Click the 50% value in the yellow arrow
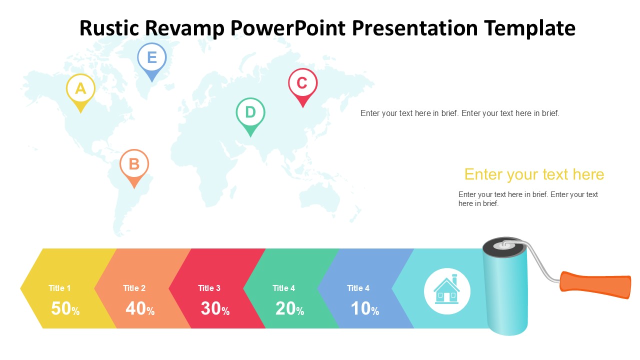point(65,308)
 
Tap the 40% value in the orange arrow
point(140,308)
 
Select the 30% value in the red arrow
point(215,308)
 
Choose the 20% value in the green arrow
point(289,308)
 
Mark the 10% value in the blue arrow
point(365,308)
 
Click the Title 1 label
point(59,288)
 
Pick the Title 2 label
point(134,288)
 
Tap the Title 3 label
point(209,288)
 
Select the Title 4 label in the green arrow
point(283,288)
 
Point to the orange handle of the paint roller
point(595,285)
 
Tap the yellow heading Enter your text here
point(534,174)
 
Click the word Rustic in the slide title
point(109,28)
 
